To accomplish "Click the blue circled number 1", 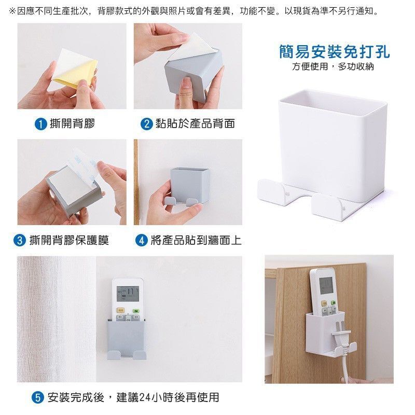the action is [x=41, y=124].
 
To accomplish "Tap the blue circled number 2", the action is [x=146, y=124].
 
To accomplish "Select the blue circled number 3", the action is [x=20, y=240].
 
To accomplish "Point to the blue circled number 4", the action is [x=141, y=240].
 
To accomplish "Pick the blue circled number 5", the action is [x=37, y=397].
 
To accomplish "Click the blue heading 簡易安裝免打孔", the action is [x=334, y=51].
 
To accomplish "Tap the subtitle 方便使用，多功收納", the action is [x=333, y=66].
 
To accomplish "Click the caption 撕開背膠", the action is [x=72, y=123].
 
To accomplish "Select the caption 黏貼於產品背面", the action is [x=195, y=123].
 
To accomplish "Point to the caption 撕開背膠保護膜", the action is [x=69, y=240].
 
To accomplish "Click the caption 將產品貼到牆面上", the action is [x=196, y=240].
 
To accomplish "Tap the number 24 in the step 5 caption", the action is [x=145, y=397].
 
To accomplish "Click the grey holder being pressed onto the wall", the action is [x=188, y=187].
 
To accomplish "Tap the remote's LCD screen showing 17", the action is [x=128, y=294].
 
